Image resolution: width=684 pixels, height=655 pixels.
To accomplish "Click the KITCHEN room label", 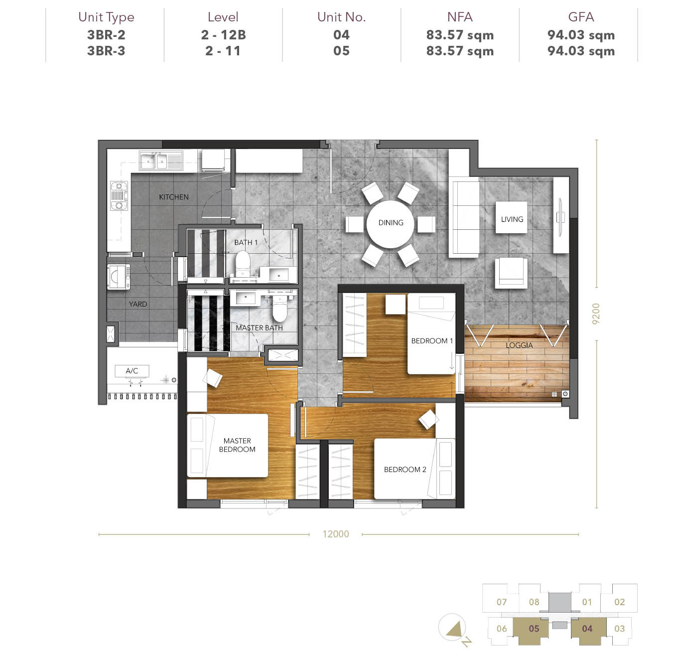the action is (174, 197).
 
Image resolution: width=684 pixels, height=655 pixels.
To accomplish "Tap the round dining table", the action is (391, 224).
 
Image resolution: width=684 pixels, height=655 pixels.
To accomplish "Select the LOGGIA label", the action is (519, 345).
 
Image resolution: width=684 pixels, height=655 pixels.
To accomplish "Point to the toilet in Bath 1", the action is (242, 263).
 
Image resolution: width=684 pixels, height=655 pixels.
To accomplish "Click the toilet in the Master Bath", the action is (280, 308).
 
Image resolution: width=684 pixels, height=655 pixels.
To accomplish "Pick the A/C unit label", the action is (132, 371).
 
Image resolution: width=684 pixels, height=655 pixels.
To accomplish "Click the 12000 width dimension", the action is (336, 534).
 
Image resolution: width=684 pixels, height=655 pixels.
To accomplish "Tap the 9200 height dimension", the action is (596, 314).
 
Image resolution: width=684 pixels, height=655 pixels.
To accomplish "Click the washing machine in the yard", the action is (119, 277).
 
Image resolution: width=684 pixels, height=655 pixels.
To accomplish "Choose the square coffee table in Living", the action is (512, 217).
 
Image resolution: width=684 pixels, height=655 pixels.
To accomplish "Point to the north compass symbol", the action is (454, 630).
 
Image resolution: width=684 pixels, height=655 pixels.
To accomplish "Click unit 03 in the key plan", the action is (619, 628).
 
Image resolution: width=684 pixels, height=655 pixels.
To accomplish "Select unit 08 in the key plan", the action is (534, 602).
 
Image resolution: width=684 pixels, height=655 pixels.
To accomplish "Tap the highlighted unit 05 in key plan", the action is (534, 628).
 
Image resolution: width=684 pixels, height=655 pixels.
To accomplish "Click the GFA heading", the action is (581, 17).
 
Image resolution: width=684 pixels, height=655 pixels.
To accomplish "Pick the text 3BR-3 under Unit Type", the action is (106, 51).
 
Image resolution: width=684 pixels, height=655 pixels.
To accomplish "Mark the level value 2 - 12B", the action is (223, 35).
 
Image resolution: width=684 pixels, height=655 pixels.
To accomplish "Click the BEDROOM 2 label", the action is (405, 469).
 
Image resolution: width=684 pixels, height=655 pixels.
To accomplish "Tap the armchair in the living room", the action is (512, 273).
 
